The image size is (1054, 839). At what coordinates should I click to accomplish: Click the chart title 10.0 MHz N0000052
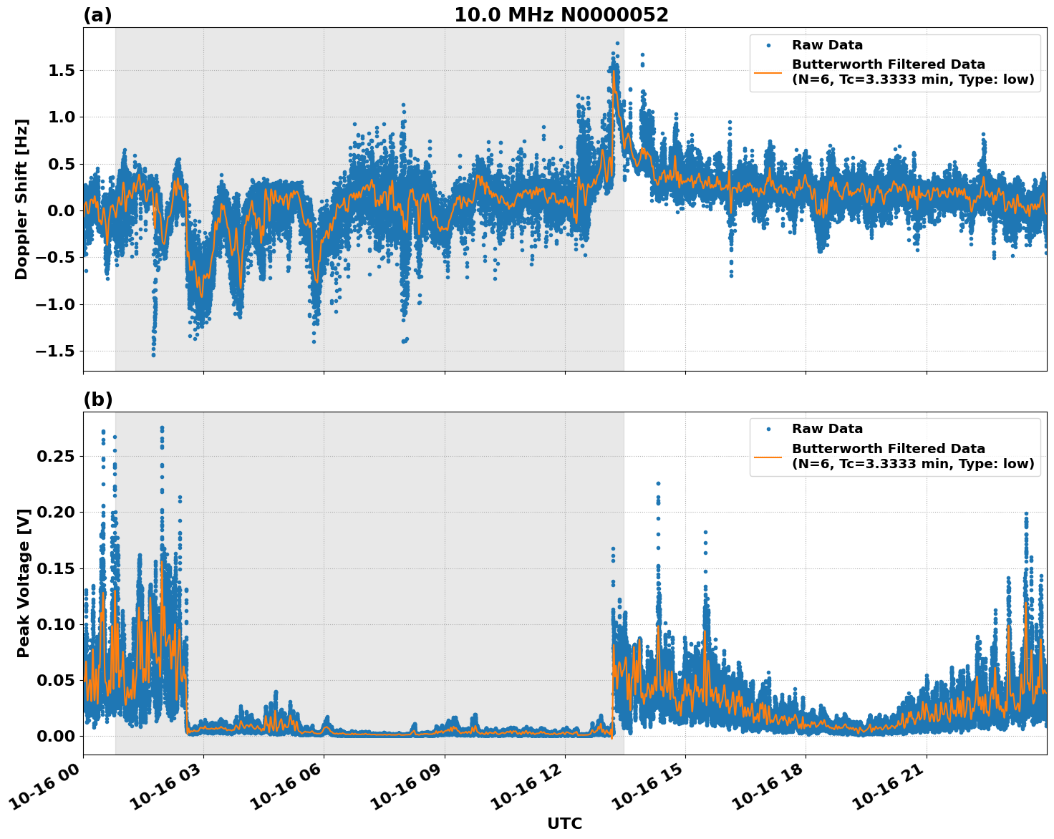pyautogui.click(x=561, y=15)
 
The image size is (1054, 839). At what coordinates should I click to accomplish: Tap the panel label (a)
pyautogui.click(x=97, y=15)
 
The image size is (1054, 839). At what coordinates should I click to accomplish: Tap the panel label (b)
pyautogui.click(x=97, y=399)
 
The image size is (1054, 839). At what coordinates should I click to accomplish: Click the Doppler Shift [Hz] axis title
pyautogui.click(x=21, y=199)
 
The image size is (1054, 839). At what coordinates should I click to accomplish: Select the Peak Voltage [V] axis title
pyautogui.click(x=24, y=583)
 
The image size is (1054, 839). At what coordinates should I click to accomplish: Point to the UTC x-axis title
pyautogui.click(x=564, y=823)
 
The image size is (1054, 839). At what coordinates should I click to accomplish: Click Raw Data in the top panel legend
pyautogui.click(x=827, y=45)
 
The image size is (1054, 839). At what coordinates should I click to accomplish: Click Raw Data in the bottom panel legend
pyautogui.click(x=827, y=429)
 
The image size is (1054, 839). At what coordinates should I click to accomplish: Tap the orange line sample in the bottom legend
pyautogui.click(x=768, y=456)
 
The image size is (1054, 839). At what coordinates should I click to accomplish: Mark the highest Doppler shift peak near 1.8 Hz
pyautogui.click(x=617, y=43)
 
